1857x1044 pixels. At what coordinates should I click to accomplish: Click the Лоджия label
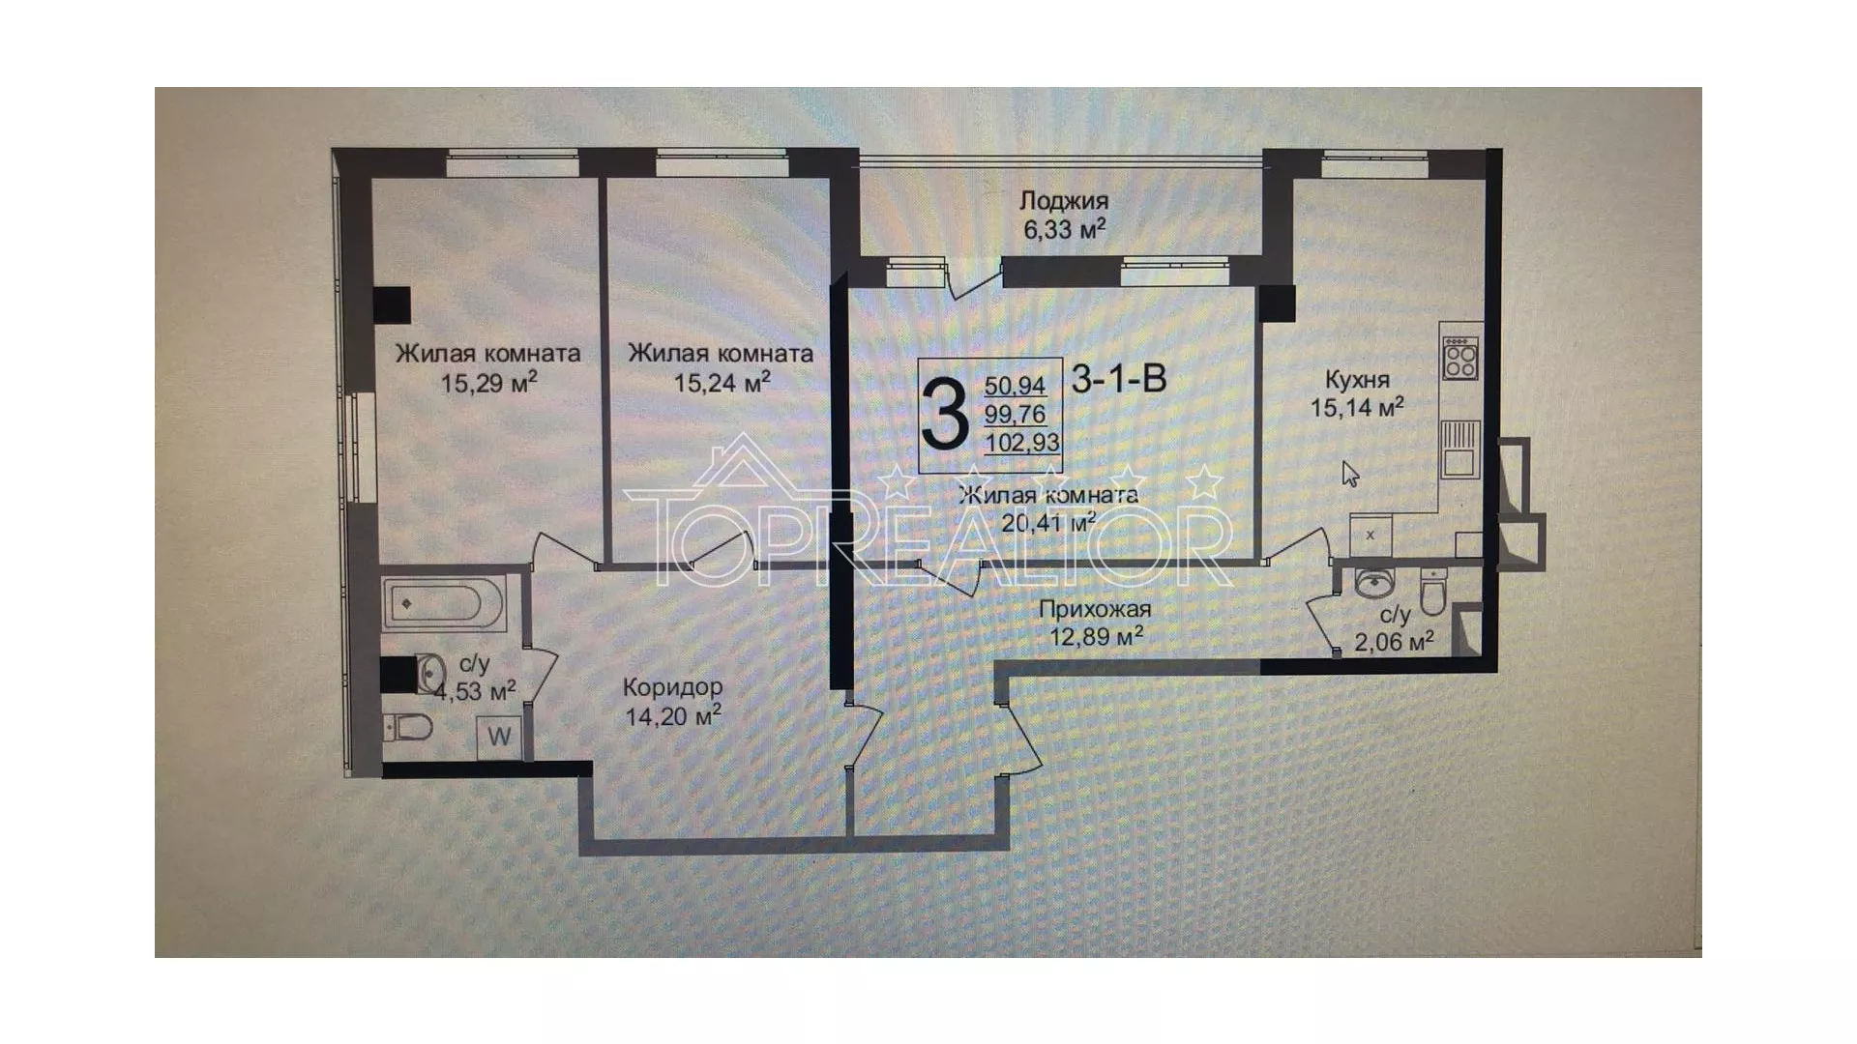[x=1064, y=202]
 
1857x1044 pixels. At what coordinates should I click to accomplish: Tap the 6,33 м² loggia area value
[x=1064, y=230]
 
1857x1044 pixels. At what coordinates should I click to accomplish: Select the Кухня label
[x=1357, y=379]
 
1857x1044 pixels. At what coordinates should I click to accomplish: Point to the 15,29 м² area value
[x=488, y=383]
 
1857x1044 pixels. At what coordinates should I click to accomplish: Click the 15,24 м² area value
[x=722, y=382]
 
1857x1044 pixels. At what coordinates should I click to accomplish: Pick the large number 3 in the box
[x=945, y=416]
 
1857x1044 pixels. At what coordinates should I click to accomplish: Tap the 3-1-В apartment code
[x=1119, y=378]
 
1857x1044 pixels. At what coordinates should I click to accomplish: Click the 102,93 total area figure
[x=1022, y=443]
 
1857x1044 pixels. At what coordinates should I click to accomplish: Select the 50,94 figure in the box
[x=1015, y=386]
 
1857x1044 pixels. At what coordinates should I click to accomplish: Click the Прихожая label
[x=1095, y=609]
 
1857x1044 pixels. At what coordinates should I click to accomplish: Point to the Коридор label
[x=672, y=687]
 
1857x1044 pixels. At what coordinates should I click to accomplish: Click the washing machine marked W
[x=499, y=737]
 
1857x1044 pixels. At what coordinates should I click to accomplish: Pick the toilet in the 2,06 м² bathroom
[x=1432, y=589]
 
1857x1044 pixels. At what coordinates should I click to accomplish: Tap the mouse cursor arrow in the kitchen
[x=1350, y=474]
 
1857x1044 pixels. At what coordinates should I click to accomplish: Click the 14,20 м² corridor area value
[x=673, y=716]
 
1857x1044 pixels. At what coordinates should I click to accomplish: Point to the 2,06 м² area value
[x=1394, y=640]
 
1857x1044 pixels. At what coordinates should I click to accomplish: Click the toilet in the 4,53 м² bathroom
[x=406, y=727]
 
